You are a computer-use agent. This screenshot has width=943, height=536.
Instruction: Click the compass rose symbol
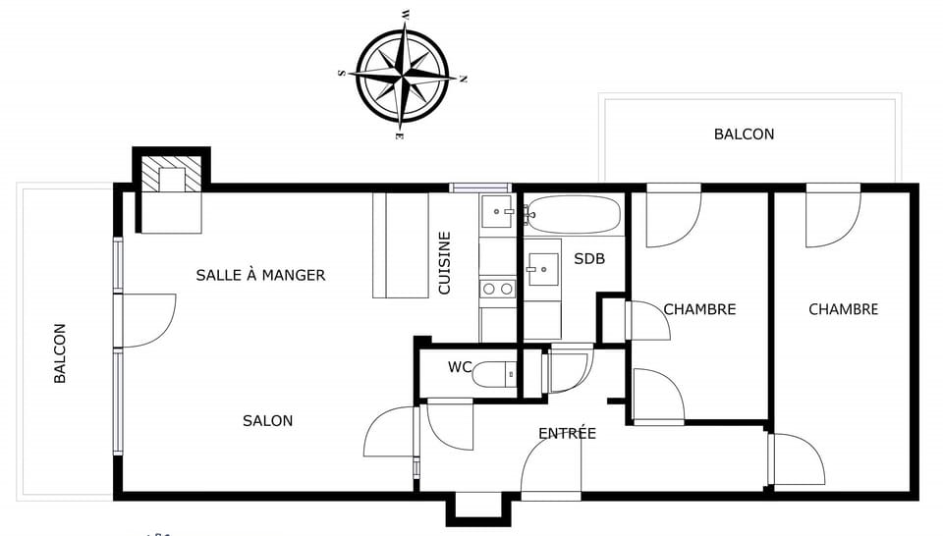[403, 74]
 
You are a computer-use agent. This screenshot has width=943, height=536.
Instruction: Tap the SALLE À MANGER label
[260, 275]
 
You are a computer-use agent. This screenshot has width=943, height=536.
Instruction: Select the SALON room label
[267, 420]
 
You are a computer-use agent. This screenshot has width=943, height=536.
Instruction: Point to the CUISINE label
[444, 263]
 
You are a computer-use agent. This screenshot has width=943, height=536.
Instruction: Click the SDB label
[589, 259]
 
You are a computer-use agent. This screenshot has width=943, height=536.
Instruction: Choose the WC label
[460, 367]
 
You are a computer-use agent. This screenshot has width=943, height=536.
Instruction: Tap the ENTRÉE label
[567, 433]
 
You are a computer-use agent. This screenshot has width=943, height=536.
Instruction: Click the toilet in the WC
[494, 374]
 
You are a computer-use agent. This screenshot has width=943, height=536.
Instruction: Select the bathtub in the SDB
[574, 214]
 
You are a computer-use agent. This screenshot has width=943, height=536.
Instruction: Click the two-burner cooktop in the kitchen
[498, 289]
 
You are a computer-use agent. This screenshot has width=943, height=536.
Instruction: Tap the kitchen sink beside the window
[497, 211]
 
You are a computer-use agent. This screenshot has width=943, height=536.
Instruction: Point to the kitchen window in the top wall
[480, 188]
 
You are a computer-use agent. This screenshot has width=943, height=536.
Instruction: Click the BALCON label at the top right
[744, 134]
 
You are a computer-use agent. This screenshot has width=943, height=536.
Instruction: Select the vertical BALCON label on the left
[60, 353]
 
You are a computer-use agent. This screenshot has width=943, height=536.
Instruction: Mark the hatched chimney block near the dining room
[171, 174]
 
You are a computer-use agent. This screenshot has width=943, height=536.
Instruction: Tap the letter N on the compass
[463, 79]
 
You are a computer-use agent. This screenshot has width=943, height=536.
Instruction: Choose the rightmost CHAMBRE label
[843, 309]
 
